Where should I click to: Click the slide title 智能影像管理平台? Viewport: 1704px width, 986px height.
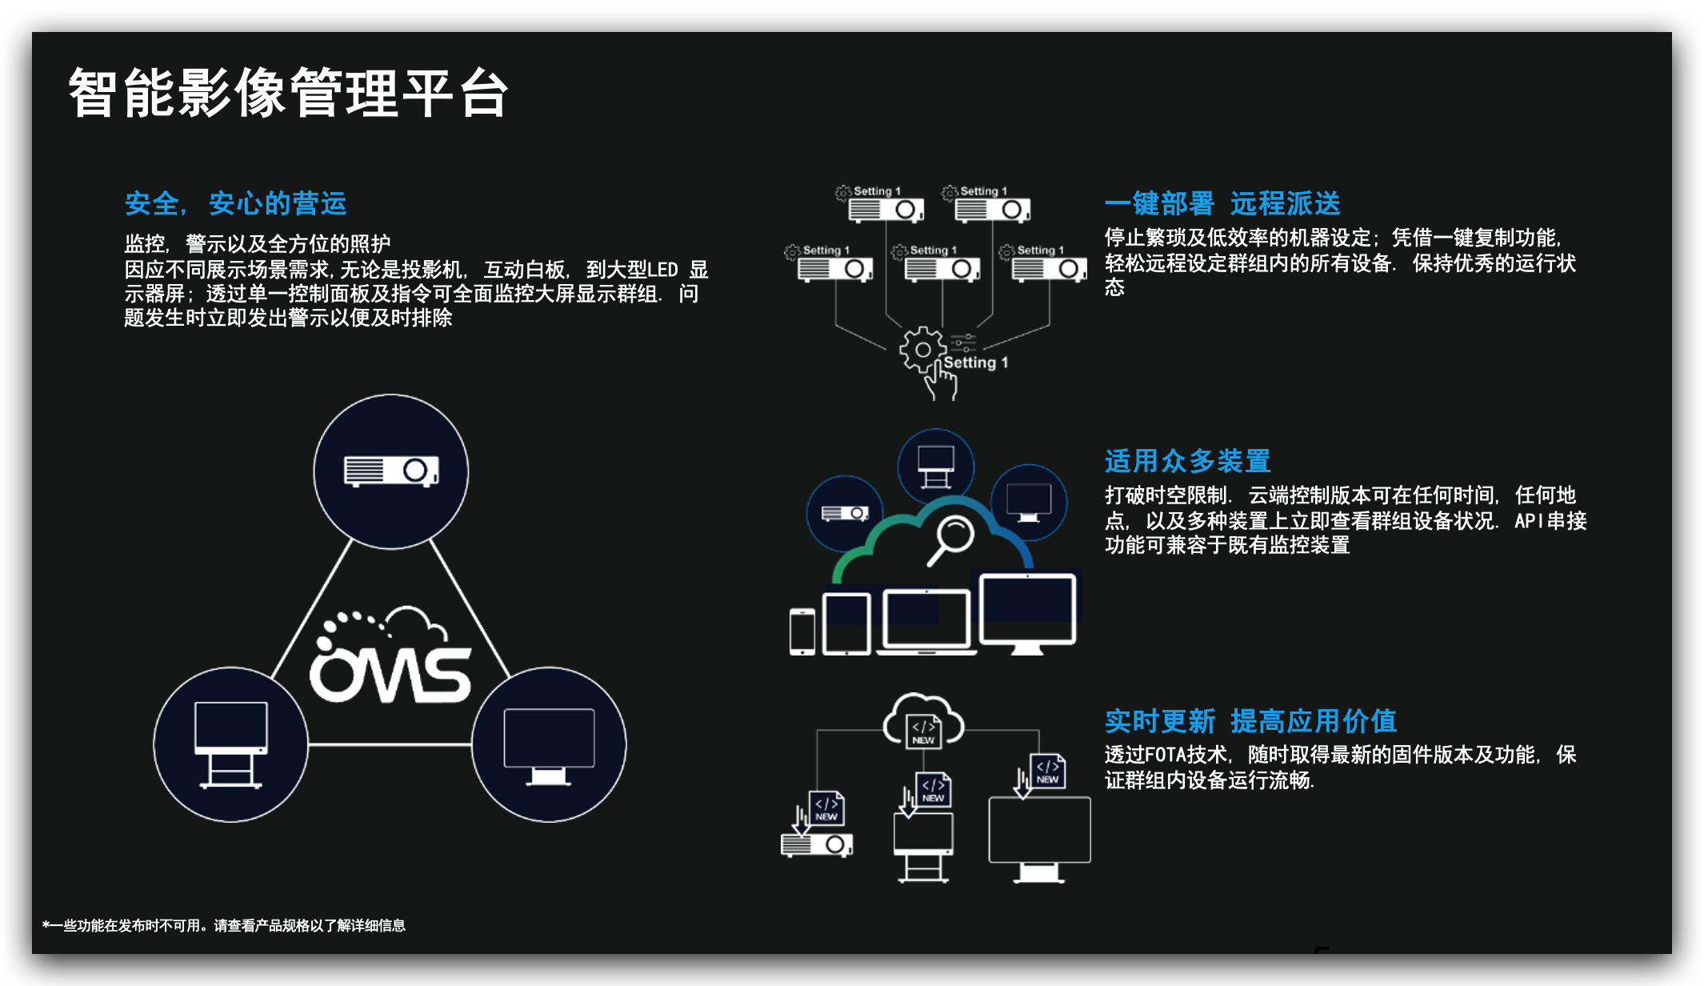tap(288, 93)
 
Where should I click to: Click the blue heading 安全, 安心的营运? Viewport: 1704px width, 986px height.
tap(235, 203)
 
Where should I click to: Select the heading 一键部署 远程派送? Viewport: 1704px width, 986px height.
tap(1222, 203)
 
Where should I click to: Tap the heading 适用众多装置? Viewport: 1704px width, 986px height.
tap(1188, 461)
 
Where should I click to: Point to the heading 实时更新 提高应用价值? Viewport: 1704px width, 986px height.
tap(1250, 721)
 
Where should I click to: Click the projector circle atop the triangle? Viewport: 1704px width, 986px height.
tap(391, 471)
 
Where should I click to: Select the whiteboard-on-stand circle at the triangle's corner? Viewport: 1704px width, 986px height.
tap(231, 744)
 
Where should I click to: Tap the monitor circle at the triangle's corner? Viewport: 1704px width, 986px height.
tap(549, 744)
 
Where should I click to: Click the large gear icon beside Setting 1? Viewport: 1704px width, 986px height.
tap(922, 349)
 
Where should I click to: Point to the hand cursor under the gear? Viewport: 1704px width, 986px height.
tap(942, 381)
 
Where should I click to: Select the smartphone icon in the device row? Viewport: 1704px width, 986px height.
tap(802, 631)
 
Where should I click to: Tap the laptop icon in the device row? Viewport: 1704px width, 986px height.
tap(926, 623)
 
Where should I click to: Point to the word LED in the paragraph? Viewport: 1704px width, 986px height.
tap(662, 270)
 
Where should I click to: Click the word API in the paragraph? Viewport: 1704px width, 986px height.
tap(1529, 521)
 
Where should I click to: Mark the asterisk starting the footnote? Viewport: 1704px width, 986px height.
tap(46, 925)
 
